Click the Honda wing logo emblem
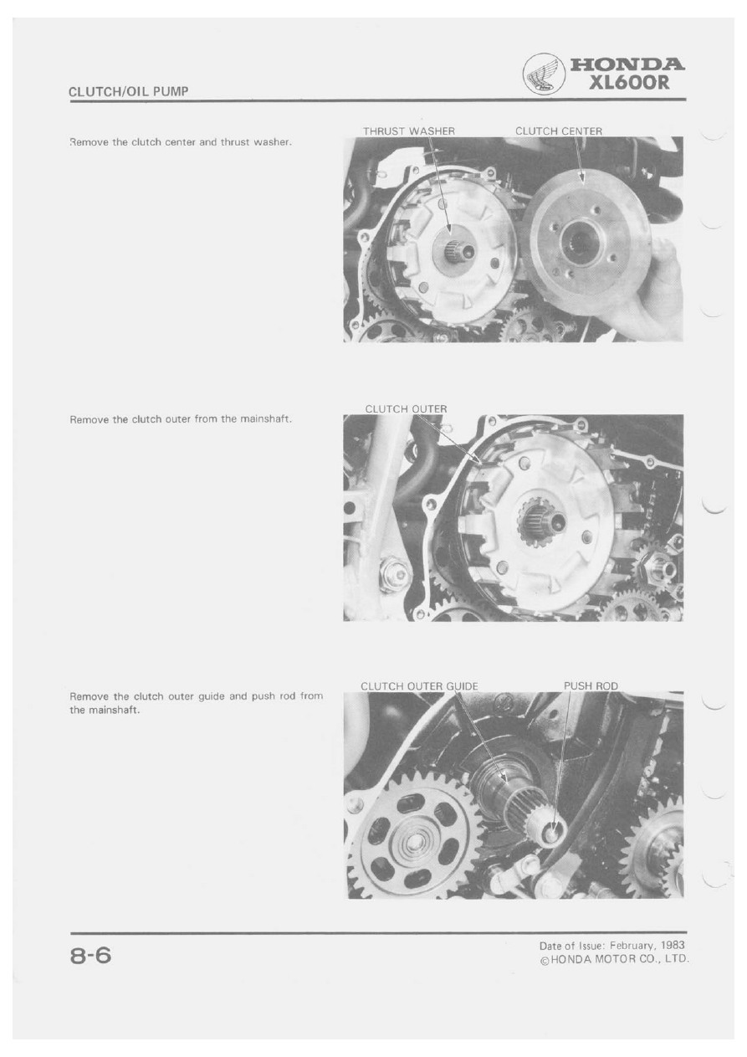544,75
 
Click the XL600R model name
629,83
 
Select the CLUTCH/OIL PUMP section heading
128,91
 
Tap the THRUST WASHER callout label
409,131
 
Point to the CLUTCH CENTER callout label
559,131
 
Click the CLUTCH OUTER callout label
406,408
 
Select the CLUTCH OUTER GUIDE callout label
419,686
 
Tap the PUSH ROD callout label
591,686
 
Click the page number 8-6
90,956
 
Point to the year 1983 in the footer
673,945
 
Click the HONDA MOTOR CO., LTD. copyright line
615,958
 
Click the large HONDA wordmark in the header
627,64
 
